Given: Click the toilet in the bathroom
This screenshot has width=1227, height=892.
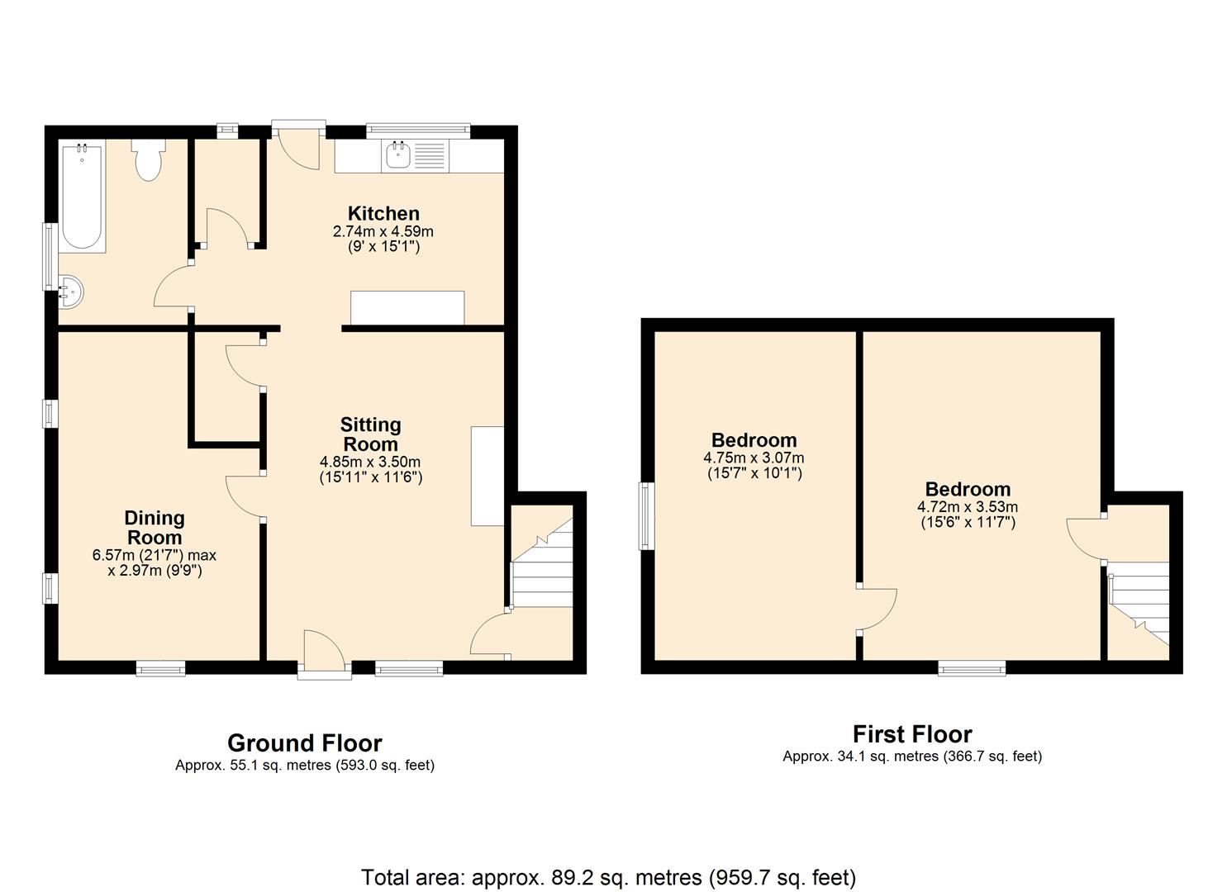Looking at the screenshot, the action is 148,160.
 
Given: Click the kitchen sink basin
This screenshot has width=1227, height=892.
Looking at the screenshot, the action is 399,154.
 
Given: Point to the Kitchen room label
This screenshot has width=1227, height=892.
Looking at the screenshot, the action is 383,213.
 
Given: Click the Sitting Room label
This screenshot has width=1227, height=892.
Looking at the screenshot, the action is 370,434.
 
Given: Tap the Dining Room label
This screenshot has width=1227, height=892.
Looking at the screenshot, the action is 155,527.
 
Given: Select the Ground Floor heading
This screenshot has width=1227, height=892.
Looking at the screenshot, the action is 305,743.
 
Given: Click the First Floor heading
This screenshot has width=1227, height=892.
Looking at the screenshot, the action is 912,733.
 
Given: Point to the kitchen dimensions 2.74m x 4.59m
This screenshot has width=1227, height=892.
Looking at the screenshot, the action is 383,231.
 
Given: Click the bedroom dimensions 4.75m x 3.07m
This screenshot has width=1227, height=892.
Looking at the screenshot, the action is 754,458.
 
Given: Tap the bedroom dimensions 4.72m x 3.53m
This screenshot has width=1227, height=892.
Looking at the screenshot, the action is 968,507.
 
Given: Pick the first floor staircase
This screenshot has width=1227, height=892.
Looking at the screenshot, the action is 1139,610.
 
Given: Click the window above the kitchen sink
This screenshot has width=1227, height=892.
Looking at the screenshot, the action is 418,130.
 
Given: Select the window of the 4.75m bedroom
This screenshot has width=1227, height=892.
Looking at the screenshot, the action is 647,516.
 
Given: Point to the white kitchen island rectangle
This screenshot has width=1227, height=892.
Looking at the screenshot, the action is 407,308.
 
